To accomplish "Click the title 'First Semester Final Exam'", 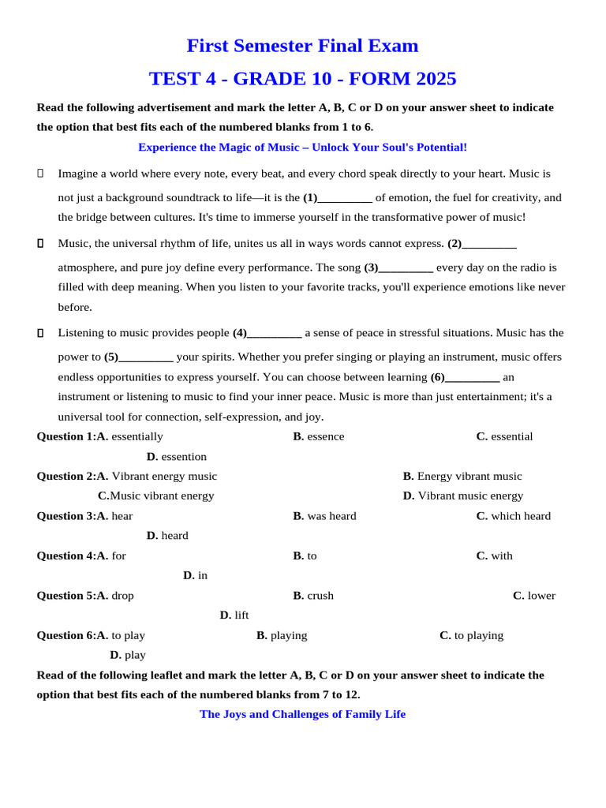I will (x=302, y=46).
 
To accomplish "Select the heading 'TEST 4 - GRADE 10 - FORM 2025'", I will (x=302, y=79).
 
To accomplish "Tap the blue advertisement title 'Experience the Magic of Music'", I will (x=302, y=148).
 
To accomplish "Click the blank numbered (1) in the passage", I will (x=344, y=198).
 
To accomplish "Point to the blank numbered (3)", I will (x=405, y=267).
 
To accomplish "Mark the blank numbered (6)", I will (x=472, y=377).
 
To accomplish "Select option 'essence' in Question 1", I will (x=325, y=436).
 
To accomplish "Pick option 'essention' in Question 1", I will (x=183, y=457).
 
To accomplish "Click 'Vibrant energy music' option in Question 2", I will (x=164, y=477).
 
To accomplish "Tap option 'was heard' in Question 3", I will (x=331, y=516).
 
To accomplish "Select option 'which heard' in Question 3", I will (x=520, y=516).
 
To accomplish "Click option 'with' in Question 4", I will (x=501, y=555).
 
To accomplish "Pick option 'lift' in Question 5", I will (x=241, y=615).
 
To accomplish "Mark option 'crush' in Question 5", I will (x=320, y=596).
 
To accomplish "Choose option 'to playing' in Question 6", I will (x=478, y=635).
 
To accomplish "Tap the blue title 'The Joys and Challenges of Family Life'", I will (x=302, y=714).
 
